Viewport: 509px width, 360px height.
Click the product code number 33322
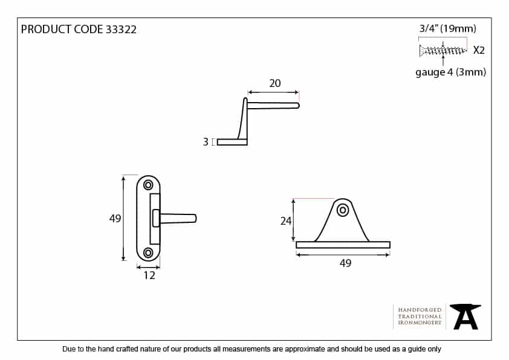click(121, 30)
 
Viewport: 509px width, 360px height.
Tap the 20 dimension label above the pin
click(274, 83)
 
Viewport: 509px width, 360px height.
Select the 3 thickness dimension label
click(205, 142)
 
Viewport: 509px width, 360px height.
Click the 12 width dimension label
click(149, 275)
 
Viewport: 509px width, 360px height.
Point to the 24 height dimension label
click(286, 221)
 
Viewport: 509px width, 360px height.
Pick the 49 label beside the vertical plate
click(115, 219)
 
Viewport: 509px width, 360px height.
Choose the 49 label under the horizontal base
click(345, 263)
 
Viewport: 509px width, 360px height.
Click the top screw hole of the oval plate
click(148, 185)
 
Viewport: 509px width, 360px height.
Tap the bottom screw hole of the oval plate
click(148, 252)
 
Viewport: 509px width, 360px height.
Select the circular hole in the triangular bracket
click(343, 210)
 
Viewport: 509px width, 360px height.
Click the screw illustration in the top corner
click(443, 50)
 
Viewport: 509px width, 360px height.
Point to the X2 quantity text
click(479, 50)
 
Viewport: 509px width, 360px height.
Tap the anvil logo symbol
click(465, 317)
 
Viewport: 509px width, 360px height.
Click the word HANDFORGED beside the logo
click(420, 310)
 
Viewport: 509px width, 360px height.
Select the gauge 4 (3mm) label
click(451, 72)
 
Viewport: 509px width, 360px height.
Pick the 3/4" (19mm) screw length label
click(448, 28)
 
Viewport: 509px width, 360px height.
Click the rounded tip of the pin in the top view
click(297, 106)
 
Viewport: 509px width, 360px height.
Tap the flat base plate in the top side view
click(232, 142)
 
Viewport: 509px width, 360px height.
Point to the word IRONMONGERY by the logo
click(420, 323)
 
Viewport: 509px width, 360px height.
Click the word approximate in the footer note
click(305, 349)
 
